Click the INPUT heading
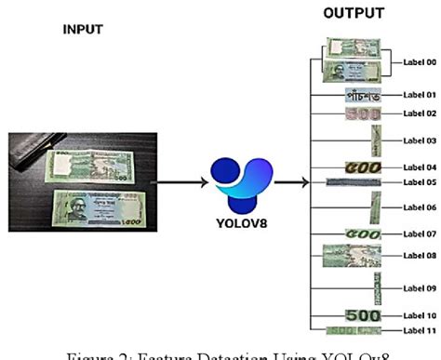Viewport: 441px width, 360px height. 82,29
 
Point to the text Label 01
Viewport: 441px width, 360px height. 420,95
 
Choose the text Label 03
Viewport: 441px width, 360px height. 420,140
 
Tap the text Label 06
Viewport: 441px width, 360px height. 420,207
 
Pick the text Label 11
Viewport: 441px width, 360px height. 420,331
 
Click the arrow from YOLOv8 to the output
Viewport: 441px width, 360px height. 286,182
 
